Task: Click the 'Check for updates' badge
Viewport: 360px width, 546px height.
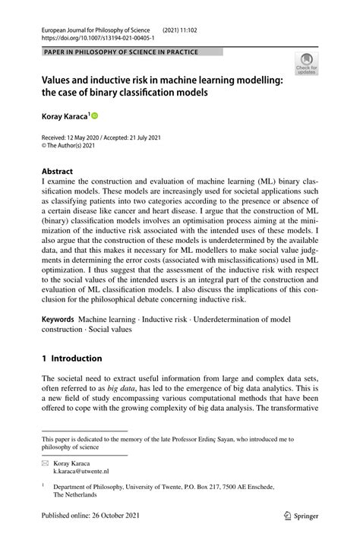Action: point(306,64)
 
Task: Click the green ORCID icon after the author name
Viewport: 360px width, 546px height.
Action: point(95,116)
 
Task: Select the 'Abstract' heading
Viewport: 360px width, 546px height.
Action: point(57,172)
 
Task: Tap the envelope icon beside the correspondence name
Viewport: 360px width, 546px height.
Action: point(46,461)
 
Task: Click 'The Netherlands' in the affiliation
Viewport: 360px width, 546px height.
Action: point(74,494)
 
